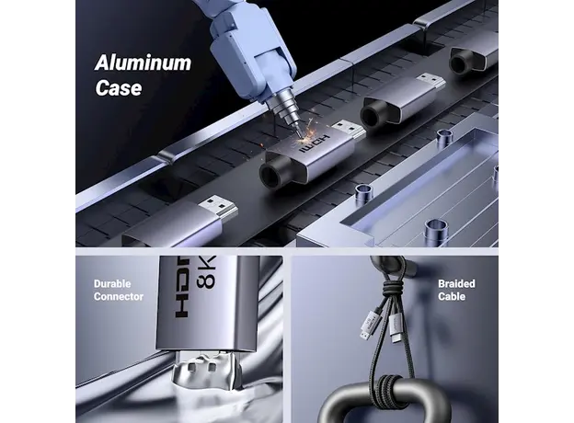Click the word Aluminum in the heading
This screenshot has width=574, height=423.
point(143,63)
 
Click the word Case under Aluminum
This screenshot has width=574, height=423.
point(119,88)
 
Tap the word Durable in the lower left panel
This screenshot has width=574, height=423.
point(112,284)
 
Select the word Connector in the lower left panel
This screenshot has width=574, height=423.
point(119,297)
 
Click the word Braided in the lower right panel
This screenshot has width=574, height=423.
point(456,284)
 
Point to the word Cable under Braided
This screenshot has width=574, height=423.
point(452,296)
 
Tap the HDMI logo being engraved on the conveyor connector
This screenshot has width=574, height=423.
point(315,144)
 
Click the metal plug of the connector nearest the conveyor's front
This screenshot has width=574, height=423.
point(219,208)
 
